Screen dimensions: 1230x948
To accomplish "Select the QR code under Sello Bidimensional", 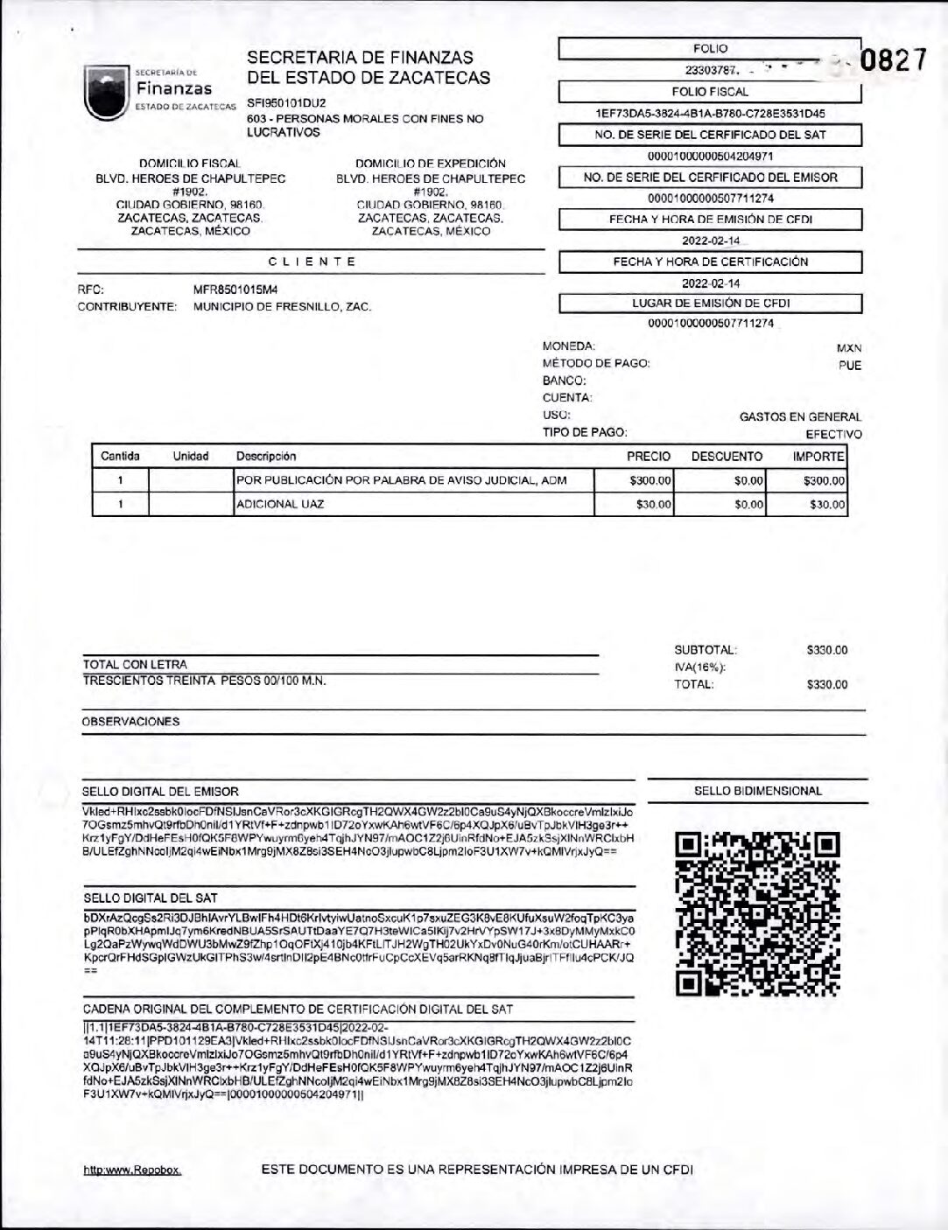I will [x=758, y=914].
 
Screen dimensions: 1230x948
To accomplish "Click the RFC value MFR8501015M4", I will [x=236, y=289].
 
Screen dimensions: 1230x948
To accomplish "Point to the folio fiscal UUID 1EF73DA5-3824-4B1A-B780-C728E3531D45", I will [x=710, y=113].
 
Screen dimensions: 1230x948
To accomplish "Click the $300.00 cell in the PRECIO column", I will [x=650, y=480].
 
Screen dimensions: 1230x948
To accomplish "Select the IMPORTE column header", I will [x=818, y=456].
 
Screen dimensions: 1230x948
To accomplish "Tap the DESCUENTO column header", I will [x=727, y=456].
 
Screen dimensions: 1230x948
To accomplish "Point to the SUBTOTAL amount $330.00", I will [x=827, y=650].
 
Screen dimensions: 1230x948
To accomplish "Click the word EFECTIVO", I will [x=833, y=434].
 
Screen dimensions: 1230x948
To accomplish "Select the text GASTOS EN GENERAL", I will [x=800, y=417].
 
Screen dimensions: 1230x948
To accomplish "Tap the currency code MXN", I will [x=849, y=347].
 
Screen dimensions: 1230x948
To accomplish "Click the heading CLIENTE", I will [x=312, y=262].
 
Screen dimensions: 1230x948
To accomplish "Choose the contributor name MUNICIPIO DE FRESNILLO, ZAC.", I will [x=282, y=307].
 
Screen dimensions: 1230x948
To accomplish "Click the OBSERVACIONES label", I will [x=130, y=722].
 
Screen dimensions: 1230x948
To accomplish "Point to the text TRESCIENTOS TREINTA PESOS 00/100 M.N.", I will [x=204, y=680].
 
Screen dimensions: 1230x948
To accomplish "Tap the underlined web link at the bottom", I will [x=132, y=1170].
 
